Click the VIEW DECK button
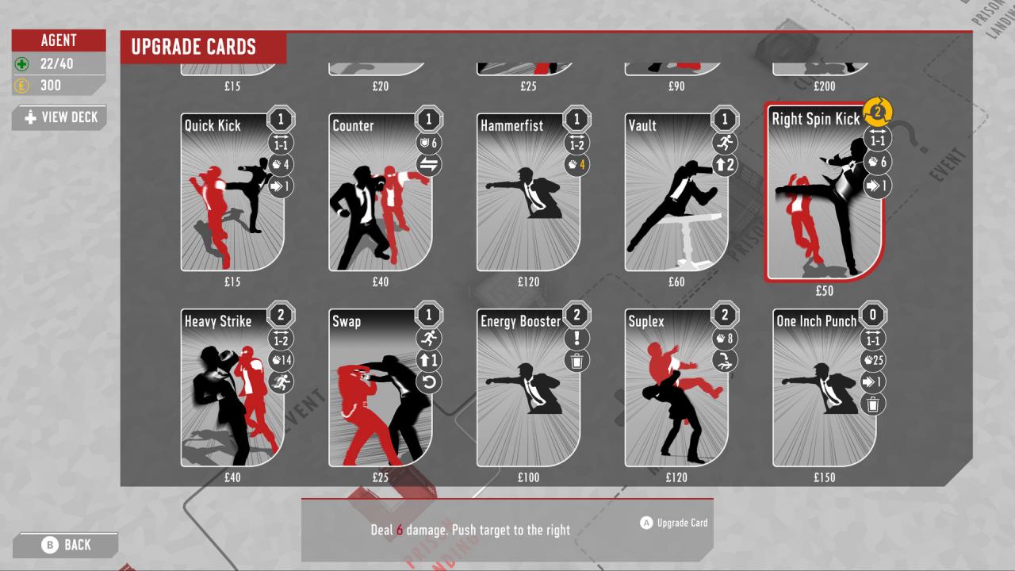click(x=60, y=117)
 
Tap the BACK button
click(x=67, y=545)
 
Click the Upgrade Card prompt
click(x=674, y=523)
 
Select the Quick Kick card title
click(x=213, y=125)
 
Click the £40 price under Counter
click(x=381, y=282)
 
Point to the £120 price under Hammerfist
click(x=528, y=282)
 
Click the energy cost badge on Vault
click(x=724, y=120)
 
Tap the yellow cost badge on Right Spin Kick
click(x=877, y=112)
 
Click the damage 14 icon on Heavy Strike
click(x=282, y=361)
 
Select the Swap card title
click(x=347, y=321)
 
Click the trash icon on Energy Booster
click(x=576, y=361)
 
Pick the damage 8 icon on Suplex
click(x=725, y=339)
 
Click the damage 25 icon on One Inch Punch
click(x=872, y=361)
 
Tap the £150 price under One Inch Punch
click(x=825, y=477)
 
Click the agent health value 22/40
click(x=56, y=63)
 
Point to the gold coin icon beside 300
click(x=22, y=86)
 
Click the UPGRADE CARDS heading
click(x=193, y=47)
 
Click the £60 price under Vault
click(x=676, y=282)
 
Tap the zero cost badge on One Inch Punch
click(x=872, y=316)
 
